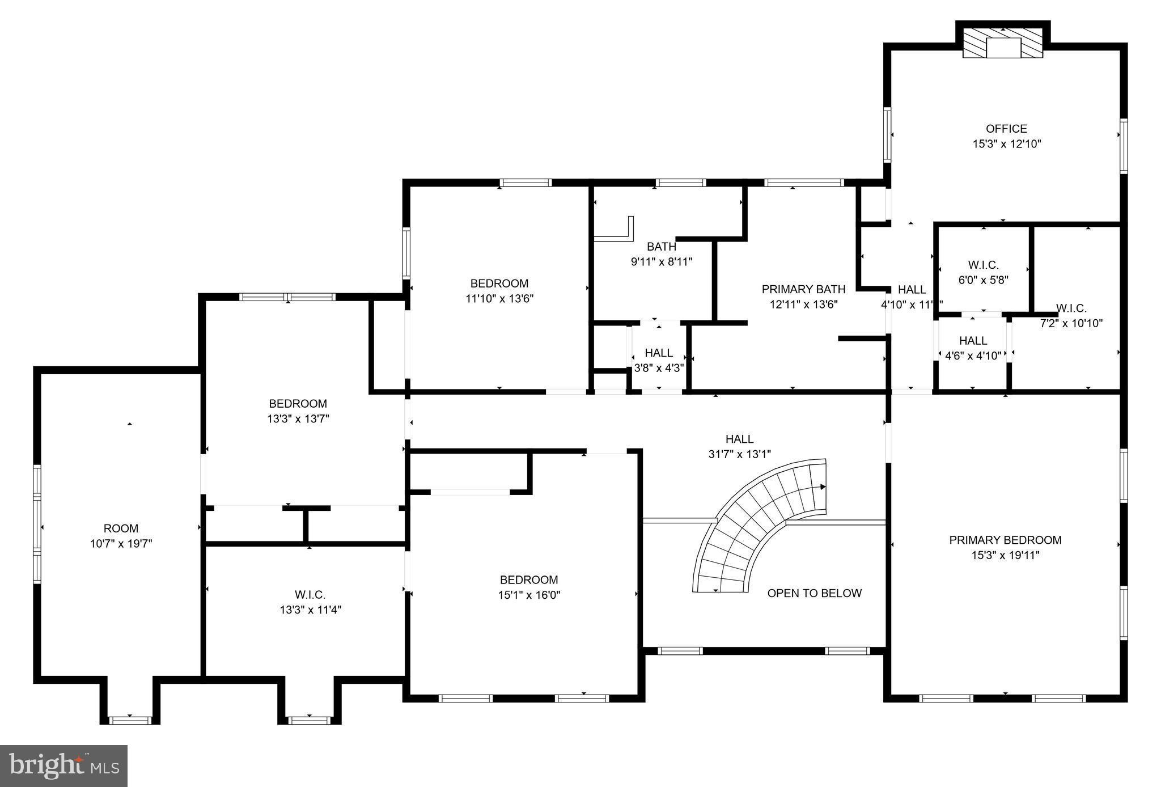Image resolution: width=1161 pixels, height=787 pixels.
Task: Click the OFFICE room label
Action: [1006, 129]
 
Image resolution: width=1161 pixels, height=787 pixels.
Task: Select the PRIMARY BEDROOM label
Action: [1005, 540]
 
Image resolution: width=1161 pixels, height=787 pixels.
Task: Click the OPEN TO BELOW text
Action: [814, 593]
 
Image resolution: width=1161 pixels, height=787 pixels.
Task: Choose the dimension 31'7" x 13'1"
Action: [739, 454]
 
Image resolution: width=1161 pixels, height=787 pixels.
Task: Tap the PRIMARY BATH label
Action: [803, 289]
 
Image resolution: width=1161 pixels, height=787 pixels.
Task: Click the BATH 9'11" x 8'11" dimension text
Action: [662, 262]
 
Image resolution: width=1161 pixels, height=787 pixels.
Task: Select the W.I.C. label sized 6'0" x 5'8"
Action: [983, 265]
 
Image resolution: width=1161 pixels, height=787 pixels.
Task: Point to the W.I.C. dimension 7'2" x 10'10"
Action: [1071, 324]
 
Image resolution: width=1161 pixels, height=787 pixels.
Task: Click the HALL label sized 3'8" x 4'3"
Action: [658, 353]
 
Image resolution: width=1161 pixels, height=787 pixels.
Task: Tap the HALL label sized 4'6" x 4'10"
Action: [973, 341]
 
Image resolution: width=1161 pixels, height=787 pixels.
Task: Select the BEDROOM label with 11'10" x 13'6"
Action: [499, 284]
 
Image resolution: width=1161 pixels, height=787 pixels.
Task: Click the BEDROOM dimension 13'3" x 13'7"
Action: [298, 419]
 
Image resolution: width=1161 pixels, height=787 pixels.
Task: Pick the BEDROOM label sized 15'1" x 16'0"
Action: [528, 579]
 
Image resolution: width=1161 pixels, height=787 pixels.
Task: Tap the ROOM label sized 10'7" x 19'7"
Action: [121, 528]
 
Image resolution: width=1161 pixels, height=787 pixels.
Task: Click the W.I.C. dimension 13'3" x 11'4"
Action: [310, 610]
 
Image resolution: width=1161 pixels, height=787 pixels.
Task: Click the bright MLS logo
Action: [64, 765]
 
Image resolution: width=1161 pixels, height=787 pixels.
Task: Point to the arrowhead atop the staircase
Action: [823, 486]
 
